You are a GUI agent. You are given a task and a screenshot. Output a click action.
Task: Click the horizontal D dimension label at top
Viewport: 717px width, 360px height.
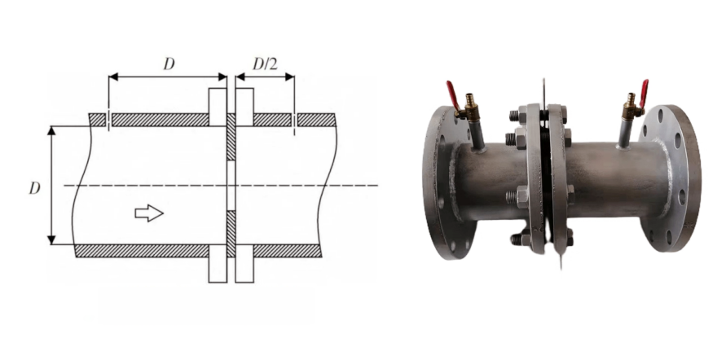pyautogui.click(x=169, y=64)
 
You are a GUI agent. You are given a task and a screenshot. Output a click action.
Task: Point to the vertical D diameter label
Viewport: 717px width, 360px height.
pyautogui.click(x=34, y=188)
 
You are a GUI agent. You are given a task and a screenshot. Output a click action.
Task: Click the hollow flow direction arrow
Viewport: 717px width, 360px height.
pyautogui.click(x=148, y=213)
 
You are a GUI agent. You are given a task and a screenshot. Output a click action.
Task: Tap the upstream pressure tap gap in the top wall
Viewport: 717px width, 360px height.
pyautogui.click(x=108, y=120)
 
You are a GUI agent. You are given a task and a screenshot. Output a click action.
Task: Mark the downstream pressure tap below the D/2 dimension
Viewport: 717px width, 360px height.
pyautogui.click(x=293, y=120)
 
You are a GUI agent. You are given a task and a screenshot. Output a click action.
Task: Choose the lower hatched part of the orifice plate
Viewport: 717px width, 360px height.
pyautogui.click(x=231, y=233)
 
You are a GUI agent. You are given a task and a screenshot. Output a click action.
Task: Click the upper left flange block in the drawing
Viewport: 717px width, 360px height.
pyautogui.click(x=217, y=106)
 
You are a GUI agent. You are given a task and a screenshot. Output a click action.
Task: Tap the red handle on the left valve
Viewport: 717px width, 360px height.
pyautogui.click(x=451, y=94)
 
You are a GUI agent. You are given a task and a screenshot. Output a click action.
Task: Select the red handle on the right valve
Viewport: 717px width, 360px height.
pyautogui.click(x=643, y=92)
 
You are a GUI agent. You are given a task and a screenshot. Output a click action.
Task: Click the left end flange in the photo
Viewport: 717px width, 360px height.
pyautogui.click(x=438, y=184)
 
